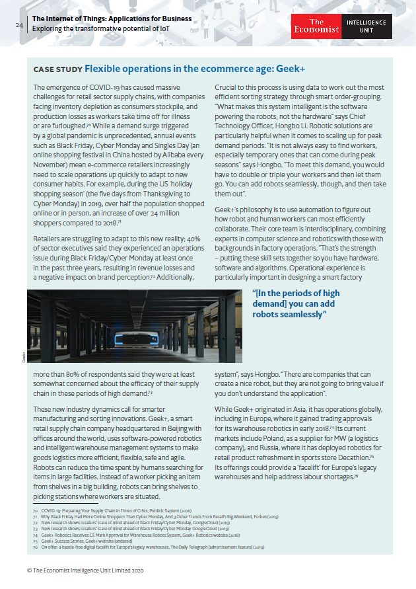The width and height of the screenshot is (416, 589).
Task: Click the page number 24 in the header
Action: (19, 25)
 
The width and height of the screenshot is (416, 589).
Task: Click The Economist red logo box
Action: (316, 26)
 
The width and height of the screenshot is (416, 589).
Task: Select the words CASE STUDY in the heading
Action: (57, 69)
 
